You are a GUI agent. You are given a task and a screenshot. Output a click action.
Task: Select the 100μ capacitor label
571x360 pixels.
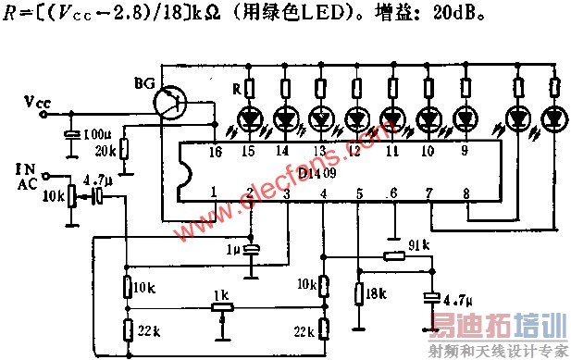[x=95, y=136]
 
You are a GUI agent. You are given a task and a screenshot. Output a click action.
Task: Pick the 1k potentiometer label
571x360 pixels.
[x=221, y=293]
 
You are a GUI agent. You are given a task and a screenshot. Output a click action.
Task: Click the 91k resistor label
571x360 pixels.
[x=417, y=245]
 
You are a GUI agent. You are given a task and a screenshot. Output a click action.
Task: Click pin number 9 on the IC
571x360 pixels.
[x=462, y=149]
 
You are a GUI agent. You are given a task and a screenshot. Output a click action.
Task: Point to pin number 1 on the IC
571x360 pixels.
[x=213, y=192]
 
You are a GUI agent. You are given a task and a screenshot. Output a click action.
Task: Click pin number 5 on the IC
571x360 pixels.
[x=358, y=192]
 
